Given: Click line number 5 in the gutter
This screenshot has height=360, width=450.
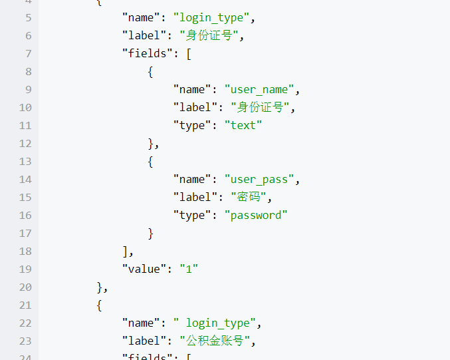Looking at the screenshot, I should (x=28, y=17).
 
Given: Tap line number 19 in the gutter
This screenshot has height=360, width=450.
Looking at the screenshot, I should (x=25, y=269).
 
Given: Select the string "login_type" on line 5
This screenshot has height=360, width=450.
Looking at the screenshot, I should (x=217, y=17).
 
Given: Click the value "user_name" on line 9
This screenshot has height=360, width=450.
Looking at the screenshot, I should (x=259, y=89).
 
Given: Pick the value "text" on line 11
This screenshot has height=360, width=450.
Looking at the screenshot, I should (x=243, y=125).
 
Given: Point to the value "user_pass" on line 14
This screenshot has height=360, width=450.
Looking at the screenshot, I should (x=259, y=179).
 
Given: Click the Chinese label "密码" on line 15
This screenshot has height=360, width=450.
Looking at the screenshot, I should (x=251, y=197).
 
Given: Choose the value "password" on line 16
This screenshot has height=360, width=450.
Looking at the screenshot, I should (x=256, y=215).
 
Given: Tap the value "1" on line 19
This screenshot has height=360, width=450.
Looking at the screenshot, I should (x=189, y=269).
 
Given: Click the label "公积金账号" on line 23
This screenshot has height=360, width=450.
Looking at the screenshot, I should (x=217, y=341).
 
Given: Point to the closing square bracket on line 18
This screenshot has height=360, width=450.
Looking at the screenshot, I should (x=126, y=251).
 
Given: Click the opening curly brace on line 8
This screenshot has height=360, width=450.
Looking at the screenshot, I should (x=151, y=71).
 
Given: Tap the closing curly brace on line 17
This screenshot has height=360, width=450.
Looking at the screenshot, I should (x=151, y=233).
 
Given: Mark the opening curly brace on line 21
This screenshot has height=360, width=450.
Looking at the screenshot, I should (x=100, y=305).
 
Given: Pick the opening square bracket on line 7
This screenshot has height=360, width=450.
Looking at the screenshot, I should (x=189, y=53).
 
